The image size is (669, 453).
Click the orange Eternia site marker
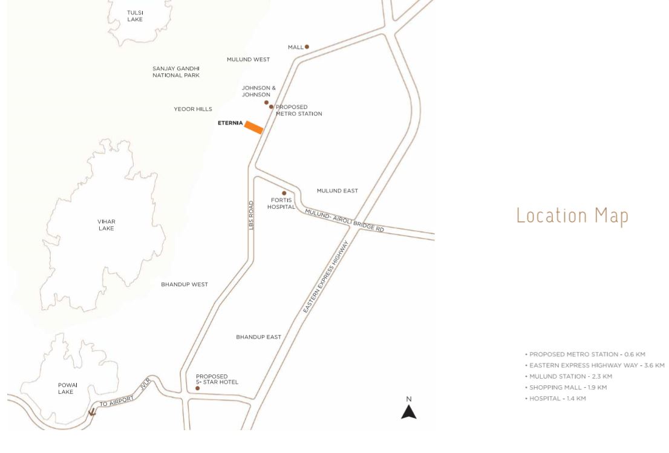(x=253, y=127)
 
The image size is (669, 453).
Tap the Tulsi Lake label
(x=135, y=16)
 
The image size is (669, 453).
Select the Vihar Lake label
(x=106, y=224)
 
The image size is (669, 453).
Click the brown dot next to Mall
(x=307, y=47)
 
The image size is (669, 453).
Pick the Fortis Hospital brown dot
(x=284, y=194)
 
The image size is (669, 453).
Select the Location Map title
(x=572, y=215)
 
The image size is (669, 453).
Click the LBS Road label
(x=251, y=215)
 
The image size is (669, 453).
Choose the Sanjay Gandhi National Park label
(x=176, y=72)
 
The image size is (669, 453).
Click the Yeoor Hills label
(x=193, y=109)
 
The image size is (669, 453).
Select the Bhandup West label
(x=184, y=284)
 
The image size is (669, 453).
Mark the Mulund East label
(x=337, y=191)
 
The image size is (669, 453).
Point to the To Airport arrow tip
(x=92, y=414)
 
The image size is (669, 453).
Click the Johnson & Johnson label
(x=259, y=91)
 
